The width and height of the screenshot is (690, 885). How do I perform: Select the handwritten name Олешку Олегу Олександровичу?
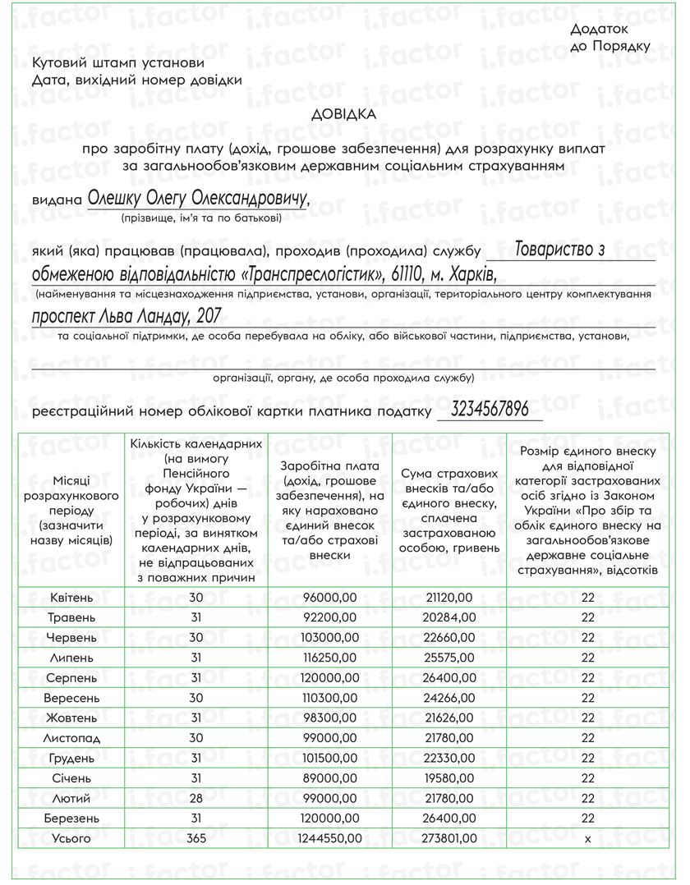coord(198,199)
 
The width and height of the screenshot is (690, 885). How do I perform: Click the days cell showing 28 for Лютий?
coord(195,799)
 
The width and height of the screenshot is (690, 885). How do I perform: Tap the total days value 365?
coord(195,838)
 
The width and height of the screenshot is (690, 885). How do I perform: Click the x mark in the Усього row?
coord(586,838)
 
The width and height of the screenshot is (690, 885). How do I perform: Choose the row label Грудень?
coord(71,759)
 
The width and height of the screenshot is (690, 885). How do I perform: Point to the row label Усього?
coord(71,838)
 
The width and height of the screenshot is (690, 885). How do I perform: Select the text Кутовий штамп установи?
coord(119,63)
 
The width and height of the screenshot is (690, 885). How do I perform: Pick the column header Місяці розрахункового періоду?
coord(71,509)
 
